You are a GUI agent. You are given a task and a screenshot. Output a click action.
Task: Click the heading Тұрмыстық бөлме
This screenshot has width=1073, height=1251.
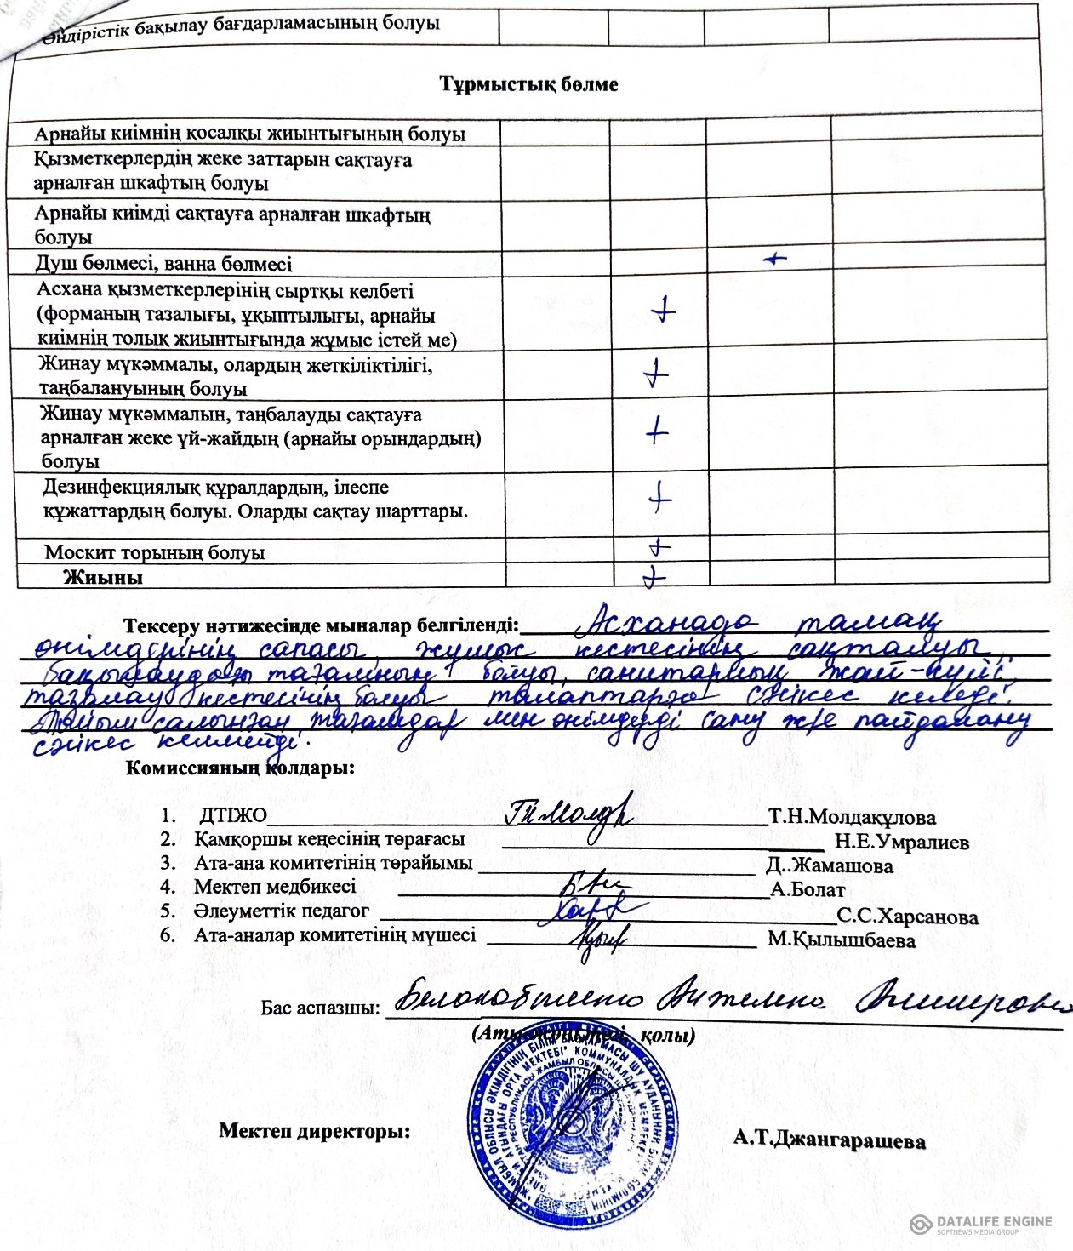(528, 84)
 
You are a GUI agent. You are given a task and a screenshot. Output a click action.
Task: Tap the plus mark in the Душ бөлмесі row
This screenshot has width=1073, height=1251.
(774, 258)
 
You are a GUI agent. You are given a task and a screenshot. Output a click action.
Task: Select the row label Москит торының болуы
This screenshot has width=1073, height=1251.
(154, 552)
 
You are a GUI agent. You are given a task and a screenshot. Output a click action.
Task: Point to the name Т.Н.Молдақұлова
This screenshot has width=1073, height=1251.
(852, 818)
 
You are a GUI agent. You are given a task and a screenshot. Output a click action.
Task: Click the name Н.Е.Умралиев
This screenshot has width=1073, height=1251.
(901, 843)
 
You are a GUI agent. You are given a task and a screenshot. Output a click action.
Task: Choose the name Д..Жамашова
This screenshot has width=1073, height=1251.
(829, 866)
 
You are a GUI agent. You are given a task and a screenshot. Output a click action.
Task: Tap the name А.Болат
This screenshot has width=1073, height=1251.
(808, 890)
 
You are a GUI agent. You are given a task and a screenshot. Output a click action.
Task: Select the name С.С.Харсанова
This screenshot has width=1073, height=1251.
(907, 917)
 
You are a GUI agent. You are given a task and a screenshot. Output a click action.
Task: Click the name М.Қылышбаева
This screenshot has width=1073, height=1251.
(842, 940)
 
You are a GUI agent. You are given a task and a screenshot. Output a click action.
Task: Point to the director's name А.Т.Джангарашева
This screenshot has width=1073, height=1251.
(830, 1141)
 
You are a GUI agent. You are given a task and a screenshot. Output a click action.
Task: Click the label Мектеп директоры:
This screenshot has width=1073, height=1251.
(314, 1131)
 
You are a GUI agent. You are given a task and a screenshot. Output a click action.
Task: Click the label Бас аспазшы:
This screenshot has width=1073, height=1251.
(320, 1008)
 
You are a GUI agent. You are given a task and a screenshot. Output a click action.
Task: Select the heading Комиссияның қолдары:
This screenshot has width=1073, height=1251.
(240, 768)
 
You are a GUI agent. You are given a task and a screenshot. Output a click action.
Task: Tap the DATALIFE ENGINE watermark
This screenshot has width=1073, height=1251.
(980, 1224)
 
